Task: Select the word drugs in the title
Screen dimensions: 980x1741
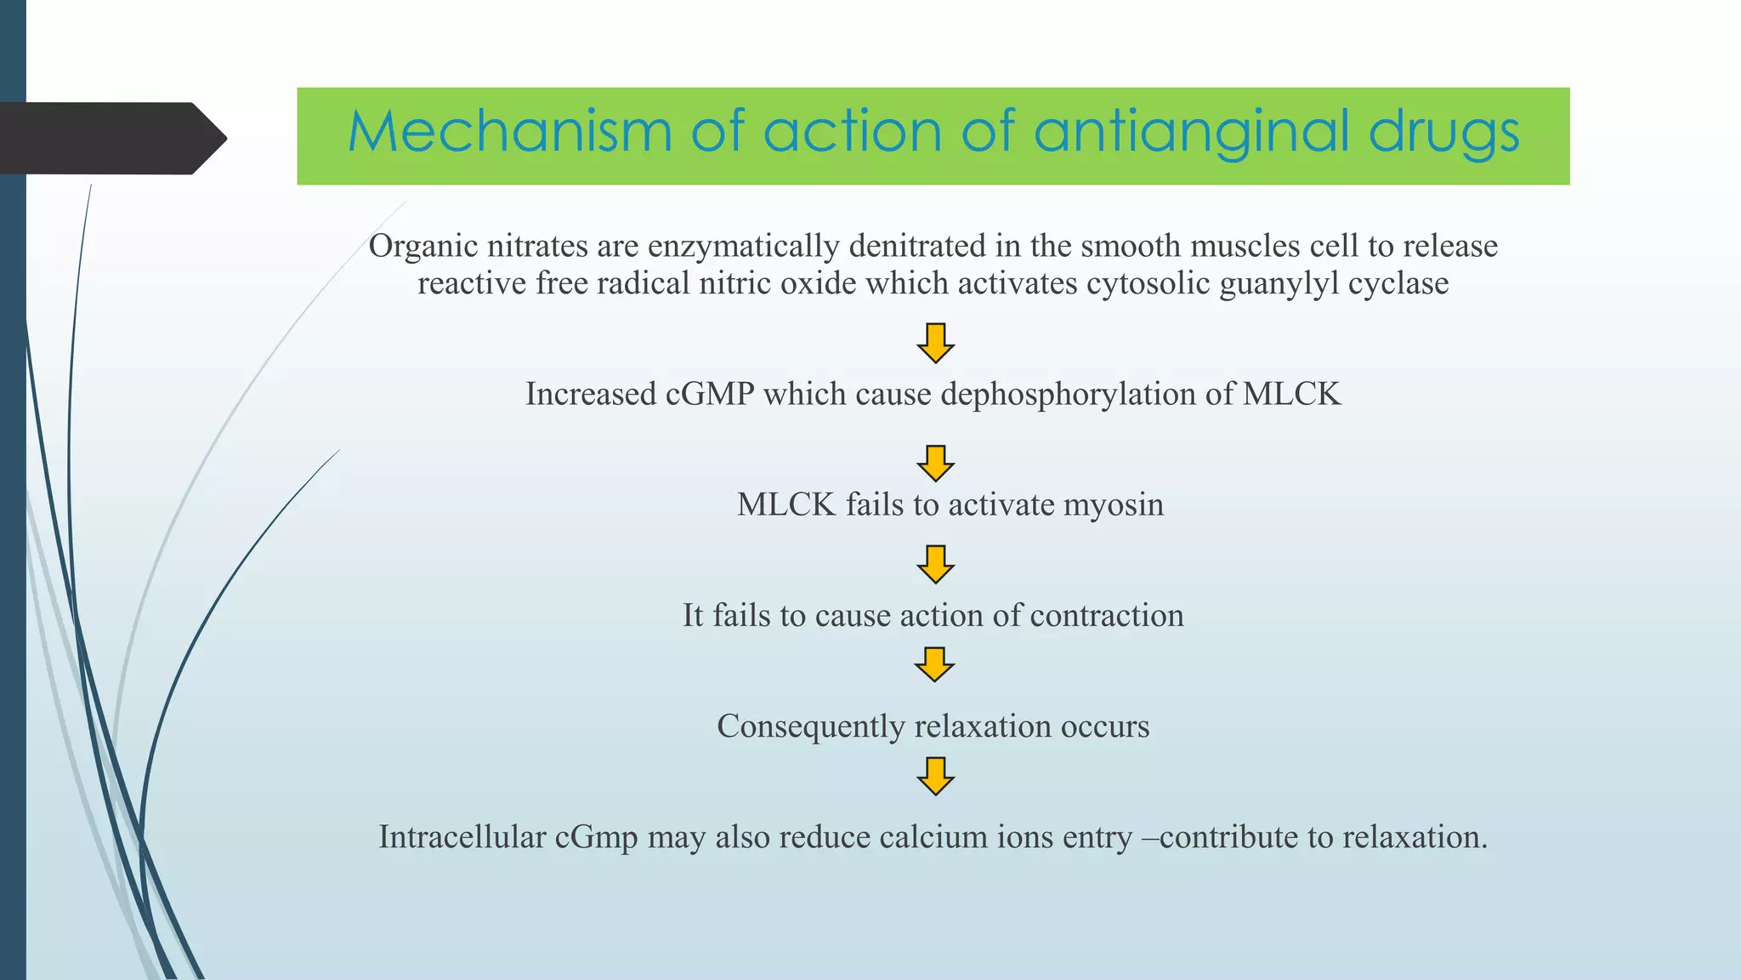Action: (x=1444, y=132)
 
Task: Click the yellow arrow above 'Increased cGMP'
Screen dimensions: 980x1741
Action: (x=935, y=343)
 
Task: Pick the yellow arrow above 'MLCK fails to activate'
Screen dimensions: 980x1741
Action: (x=935, y=464)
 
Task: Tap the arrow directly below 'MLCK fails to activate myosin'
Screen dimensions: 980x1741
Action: (x=935, y=564)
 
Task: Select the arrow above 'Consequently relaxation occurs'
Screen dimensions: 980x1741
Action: (x=935, y=664)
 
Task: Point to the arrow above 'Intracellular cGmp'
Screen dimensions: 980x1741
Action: (x=935, y=776)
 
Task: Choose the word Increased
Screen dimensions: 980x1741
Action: (x=591, y=394)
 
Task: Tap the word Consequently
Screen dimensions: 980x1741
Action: (x=811, y=726)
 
